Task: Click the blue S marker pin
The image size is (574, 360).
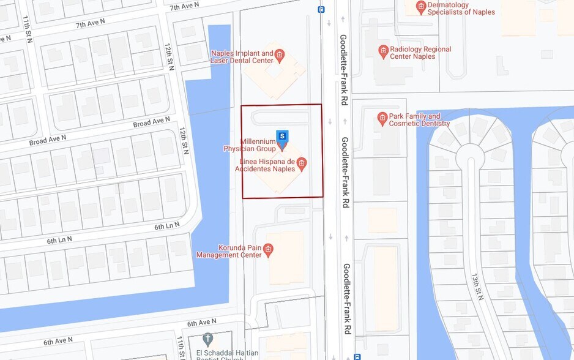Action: coord(282,135)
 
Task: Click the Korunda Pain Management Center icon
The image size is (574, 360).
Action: coord(268,250)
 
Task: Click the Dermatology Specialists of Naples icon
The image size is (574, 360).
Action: coord(420,7)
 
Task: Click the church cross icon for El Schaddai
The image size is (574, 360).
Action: coord(207,339)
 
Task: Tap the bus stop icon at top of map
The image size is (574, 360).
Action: coord(321,9)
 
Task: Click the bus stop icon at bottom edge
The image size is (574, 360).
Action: coord(357,356)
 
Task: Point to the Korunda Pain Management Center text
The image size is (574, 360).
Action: coord(228,251)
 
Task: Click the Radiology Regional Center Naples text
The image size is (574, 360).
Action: coord(420,53)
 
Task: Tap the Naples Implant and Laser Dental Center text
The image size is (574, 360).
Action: coord(242,57)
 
